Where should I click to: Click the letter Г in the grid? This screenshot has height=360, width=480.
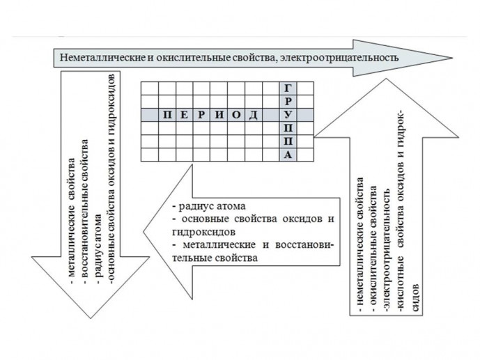pos(288,88)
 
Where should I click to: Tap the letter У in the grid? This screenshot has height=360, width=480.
pos(288,115)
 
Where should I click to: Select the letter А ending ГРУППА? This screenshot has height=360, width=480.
pos(288,155)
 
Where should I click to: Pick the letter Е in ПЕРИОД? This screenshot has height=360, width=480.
pos(184,115)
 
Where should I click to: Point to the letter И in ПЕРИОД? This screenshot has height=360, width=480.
pos(219,115)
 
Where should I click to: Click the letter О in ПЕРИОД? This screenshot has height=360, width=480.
pos(236,115)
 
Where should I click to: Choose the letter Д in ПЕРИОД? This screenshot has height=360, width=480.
pos(253,116)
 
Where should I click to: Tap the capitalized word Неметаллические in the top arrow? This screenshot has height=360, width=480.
pos(102,58)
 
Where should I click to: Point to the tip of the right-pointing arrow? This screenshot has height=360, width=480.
pos(452,58)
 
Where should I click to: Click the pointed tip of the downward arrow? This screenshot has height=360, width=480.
pos(91,318)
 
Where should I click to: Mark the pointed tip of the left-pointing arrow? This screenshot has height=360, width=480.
pos(144,232)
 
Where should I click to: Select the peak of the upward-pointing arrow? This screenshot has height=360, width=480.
pos(387,79)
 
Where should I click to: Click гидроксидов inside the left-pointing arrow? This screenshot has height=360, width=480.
pos(204,232)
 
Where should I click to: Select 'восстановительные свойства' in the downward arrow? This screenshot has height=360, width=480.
pos(86,209)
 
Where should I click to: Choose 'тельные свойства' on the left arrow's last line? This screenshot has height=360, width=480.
pos(215,258)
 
